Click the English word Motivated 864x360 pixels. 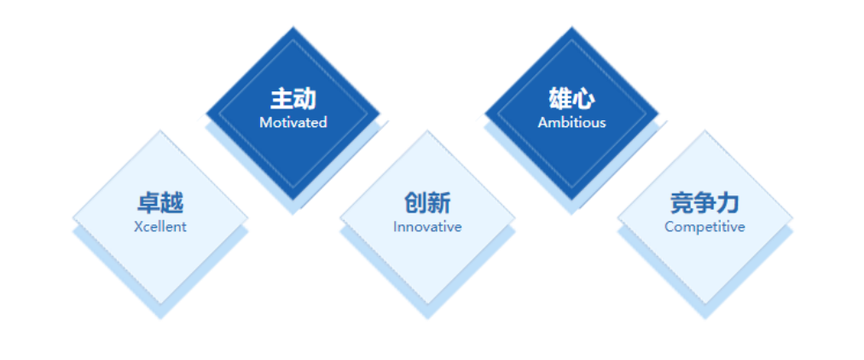click(x=293, y=122)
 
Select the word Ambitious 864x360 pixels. click(x=572, y=122)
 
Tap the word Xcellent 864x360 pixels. click(x=160, y=227)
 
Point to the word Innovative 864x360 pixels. click(x=427, y=227)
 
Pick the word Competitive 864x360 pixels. click(x=705, y=227)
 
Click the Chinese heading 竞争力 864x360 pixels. click(x=705, y=203)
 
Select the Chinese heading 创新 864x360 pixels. click(x=427, y=203)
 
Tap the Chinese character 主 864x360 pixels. click(x=281, y=99)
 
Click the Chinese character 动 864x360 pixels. click(x=304, y=99)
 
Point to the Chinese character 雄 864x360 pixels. click(x=560, y=99)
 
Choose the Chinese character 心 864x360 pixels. click(x=583, y=99)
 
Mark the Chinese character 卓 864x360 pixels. click(x=148, y=203)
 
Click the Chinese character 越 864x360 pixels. click(x=172, y=203)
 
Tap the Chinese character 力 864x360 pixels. click(x=728, y=203)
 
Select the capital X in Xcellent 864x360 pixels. click(x=138, y=227)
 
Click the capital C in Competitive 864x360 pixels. click(x=670, y=227)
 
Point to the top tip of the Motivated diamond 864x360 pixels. click(x=293, y=26)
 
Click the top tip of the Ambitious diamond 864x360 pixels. click(x=572, y=26)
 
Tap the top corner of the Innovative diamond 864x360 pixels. click(x=427, y=131)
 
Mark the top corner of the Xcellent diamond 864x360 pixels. click(x=160, y=131)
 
